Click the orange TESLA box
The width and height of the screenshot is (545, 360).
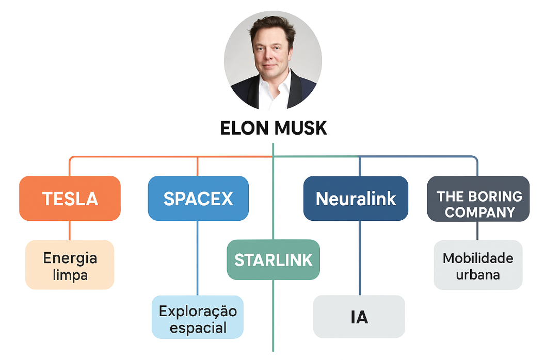(70, 199)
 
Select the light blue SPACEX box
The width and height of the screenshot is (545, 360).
(198, 199)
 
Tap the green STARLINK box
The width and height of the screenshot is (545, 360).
(273, 260)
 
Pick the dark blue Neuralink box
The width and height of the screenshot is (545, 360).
(356, 199)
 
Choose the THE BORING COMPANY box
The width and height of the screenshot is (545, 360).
(478, 199)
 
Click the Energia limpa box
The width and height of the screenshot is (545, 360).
(70, 265)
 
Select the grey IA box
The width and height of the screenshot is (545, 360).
(359, 317)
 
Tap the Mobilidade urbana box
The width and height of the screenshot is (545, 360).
(478, 265)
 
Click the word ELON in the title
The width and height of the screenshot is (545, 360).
(244, 128)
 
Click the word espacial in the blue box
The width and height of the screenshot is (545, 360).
(198, 328)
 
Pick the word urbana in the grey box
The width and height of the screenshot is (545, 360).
(478, 274)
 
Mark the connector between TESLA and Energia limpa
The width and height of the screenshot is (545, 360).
(70, 231)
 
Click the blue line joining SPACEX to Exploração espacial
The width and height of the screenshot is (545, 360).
(198, 258)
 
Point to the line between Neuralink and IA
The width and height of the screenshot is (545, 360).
(360, 258)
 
